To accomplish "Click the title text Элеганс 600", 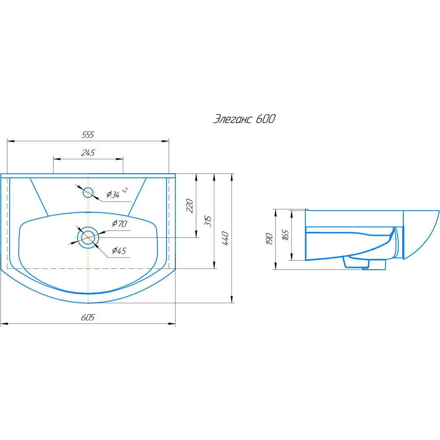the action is coord(244,119).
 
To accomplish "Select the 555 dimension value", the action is coord(88,135).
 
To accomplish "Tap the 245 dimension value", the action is coord(88,153).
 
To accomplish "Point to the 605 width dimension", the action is coord(88,317).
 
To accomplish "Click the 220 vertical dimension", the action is coord(190,205).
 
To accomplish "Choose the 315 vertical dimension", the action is coord(208,221).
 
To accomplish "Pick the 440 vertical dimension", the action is coord(225,238).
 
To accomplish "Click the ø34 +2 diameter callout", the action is coord(117,193).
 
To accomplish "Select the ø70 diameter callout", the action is coord(120,224).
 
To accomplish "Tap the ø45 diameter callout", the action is coord(119,250).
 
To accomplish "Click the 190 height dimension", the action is coord(269,239).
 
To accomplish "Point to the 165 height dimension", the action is coord(285,235).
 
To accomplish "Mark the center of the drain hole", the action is coord(88,238).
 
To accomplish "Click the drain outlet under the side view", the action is coord(364,264).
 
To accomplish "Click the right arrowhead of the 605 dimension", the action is coord(172,324).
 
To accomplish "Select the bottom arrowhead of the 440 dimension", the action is coord(232,299).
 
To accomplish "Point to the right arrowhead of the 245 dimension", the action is coord(120,159).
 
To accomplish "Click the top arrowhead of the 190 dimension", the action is coord(275,213).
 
